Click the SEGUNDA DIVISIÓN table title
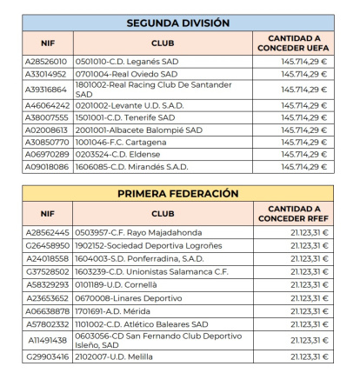(x=177, y=23)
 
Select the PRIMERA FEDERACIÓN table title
(x=177, y=193)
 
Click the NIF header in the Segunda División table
(x=48, y=43)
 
